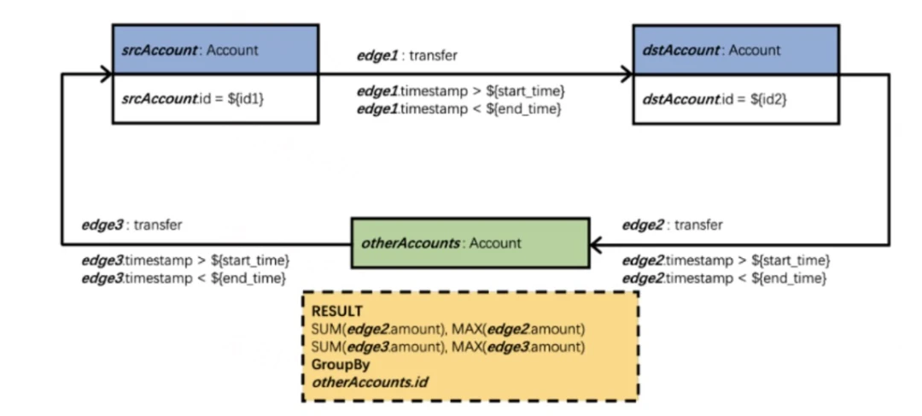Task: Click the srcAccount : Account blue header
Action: click(x=215, y=50)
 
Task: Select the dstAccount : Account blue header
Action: click(x=736, y=50)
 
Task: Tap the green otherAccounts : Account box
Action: click(x=470, y=243)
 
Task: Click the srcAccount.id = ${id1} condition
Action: click(x=193, y=99)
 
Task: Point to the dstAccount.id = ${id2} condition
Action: click(x=715, y=99)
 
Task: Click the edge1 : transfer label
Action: click(x=407, y=56)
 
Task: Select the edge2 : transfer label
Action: click(x=672, y=225)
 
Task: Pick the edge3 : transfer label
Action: click(x=131, y=225)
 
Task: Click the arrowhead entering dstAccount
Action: click(x=626, y=74)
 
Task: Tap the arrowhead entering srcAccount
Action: click(x=105, y=74)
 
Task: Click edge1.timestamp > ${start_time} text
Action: click(x=461, y=91)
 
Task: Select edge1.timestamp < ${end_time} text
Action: click(x=458, y=108)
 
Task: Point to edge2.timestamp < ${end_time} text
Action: click(x=725, y=278)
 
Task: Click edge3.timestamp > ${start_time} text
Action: click(x=186, y=260)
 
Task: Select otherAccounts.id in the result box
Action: click(x=370, y=382)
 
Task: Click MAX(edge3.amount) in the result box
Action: click(x=518, y=347)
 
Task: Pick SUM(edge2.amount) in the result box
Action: click(x=377, y=328)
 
